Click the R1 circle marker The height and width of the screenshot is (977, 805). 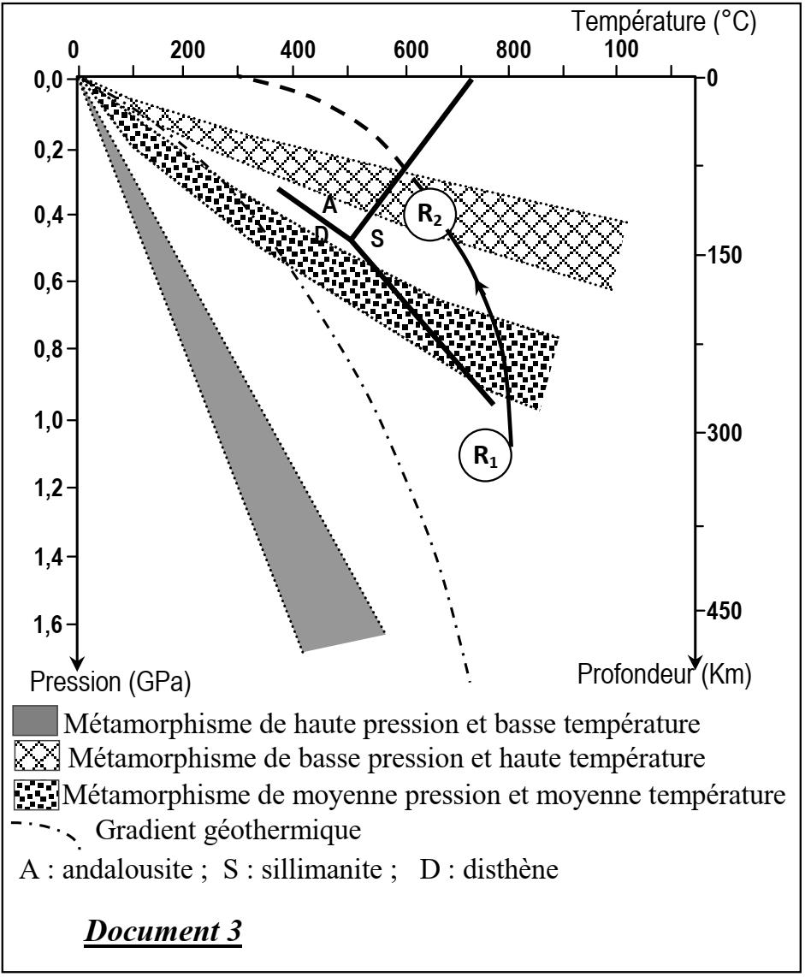click(x=485, y=455)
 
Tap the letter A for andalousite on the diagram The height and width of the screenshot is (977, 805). click(x=329, y=205)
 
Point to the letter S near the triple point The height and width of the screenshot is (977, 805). click(x=376, y=241)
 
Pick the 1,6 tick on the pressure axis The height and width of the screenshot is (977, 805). click(x=43, y=625)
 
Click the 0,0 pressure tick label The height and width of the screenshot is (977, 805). click(x=43, y=80)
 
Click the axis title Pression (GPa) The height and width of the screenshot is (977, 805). click(x=110, y=684)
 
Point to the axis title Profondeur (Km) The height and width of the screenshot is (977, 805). click(x=665, y=676)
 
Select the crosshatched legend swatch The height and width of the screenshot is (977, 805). click(x=38, y=758)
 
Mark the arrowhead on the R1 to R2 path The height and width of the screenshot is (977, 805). click(x=481, y=286)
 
